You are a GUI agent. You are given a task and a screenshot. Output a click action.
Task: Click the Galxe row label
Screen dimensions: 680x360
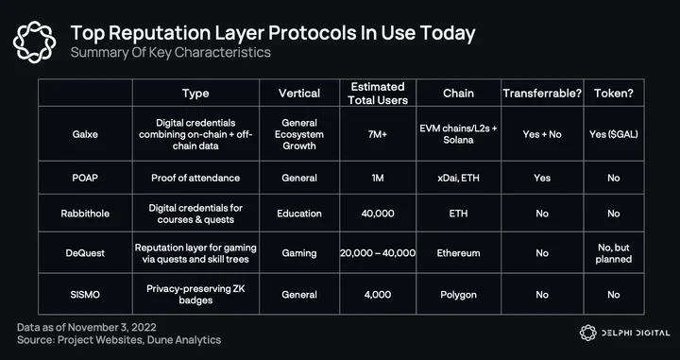click(x=85, y=134)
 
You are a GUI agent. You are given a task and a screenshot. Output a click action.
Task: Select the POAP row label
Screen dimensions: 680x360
click(x=85, y=178)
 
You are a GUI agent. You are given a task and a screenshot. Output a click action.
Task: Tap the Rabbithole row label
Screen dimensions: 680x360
click(x=85, y=214)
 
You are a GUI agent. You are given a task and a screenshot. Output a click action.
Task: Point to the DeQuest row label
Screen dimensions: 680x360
click(x=85, y=253)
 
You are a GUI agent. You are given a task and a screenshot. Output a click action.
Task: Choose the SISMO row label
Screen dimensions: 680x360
click(x=85, y=295)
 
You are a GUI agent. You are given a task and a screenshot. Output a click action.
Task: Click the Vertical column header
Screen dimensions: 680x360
click(x=299, y=94)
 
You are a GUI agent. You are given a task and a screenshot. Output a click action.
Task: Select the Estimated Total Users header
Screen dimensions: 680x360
click(x=378, y=94)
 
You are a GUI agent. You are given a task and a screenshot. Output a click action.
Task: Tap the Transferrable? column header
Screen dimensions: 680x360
click(x=542, y=94)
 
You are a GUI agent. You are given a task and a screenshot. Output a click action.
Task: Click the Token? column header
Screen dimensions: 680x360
click(x=614, y=94)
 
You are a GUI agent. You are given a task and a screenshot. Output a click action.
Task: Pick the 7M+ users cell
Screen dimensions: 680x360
click(x=378, y=134)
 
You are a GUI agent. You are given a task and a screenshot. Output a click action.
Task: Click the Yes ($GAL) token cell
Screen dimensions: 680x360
click(x=614, y=134)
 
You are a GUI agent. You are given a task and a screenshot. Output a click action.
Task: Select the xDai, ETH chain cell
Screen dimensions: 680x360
click(x=458, y=178)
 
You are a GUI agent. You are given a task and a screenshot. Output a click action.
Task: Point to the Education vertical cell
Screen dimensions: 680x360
click(x=299, y=214)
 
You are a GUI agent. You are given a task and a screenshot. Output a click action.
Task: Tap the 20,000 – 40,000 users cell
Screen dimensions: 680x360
click(x=378, y=253)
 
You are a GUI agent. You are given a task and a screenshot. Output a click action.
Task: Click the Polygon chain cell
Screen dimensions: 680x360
click(x=458, y=295)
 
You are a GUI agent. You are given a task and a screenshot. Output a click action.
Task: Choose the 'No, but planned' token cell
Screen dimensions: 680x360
click(x=614, y=253)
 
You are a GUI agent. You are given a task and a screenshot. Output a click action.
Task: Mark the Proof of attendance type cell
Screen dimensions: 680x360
click(x=195, y=178)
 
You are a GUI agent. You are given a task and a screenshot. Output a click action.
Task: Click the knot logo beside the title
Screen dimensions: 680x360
click(x=35, y=43)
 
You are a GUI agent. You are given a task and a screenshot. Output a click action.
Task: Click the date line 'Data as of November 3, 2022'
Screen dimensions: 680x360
click(x=87, y=327)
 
